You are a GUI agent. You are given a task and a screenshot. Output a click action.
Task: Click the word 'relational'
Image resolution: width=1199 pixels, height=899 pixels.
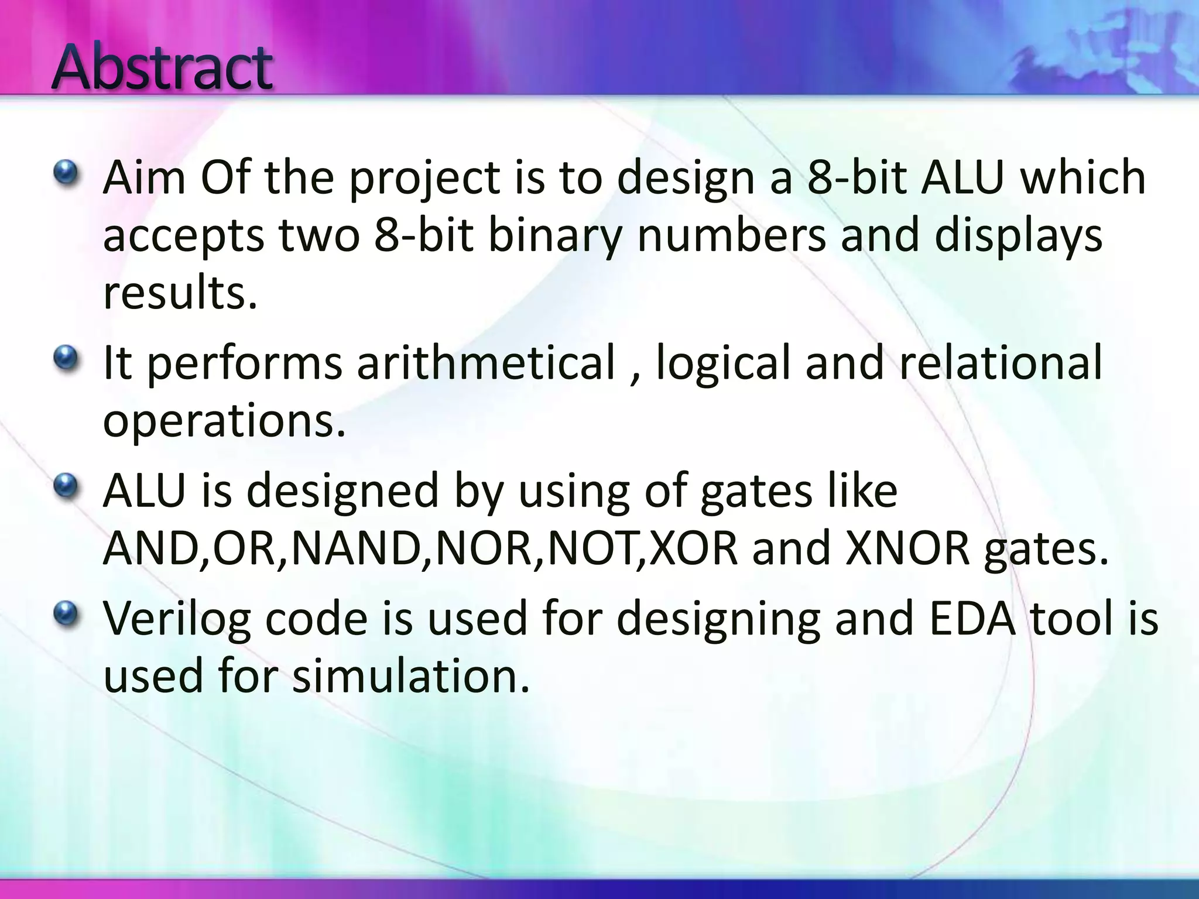point(1001,363)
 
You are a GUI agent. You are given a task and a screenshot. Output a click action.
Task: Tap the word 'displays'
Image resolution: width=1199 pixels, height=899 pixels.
point(1018,236)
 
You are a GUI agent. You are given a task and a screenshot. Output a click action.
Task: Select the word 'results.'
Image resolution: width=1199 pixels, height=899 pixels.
point(180,293)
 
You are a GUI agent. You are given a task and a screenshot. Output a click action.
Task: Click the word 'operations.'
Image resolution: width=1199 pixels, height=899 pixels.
point(224,421)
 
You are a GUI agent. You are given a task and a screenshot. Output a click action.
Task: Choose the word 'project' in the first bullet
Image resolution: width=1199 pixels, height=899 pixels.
point(425,179)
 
